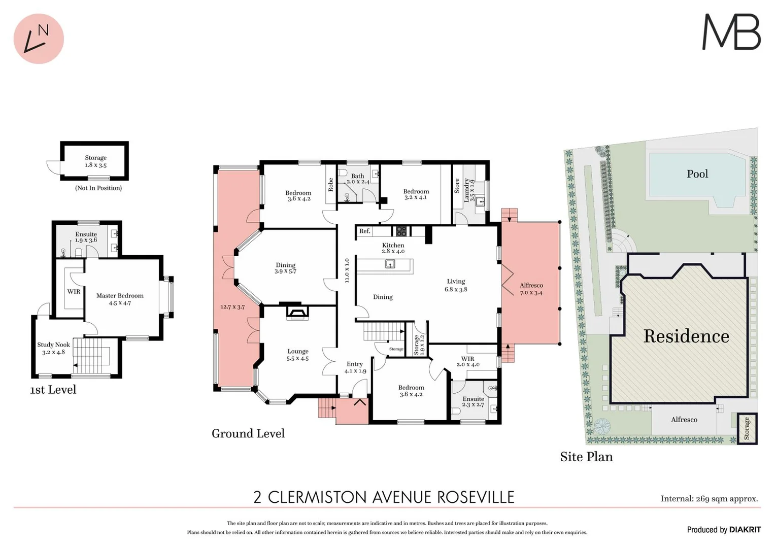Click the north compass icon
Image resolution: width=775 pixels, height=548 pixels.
(39, 39)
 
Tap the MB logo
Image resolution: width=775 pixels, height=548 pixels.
(731, 32)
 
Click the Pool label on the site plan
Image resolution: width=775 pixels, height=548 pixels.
(697, 174)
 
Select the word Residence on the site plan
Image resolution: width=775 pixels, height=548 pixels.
(686, 336)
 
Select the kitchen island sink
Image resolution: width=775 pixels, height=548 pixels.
(390, 263)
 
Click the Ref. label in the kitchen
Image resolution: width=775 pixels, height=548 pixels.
(364, 231)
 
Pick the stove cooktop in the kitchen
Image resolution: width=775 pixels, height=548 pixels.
(401, 231)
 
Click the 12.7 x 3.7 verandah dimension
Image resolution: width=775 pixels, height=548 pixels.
(232, 307)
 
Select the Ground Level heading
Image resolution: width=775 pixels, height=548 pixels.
(248, 433)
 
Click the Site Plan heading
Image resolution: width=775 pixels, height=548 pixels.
(586, 457)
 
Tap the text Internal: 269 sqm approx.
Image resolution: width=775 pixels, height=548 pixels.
(709, 499)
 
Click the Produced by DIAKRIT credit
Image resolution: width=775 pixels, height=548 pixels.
(724, 530)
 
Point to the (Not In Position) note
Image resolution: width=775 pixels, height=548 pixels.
(98, 188)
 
